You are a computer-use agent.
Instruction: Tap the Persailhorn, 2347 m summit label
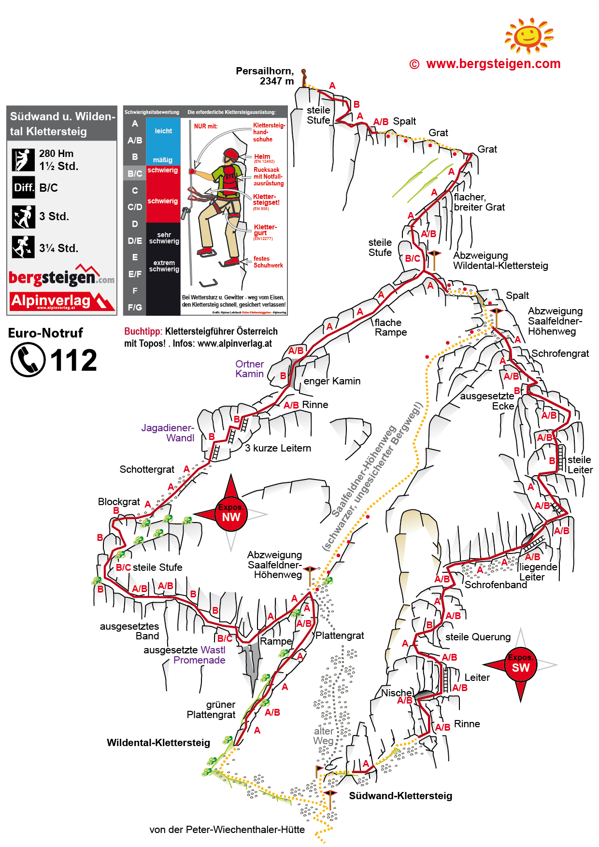pos(265,76)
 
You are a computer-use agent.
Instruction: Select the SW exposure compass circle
pos(521,664)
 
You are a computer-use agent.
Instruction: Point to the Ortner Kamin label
pos(249,369)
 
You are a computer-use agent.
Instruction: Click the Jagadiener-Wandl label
pos(168,433)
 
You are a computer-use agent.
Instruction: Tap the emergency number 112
pos(73,360)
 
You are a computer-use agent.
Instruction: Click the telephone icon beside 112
pos(28,360)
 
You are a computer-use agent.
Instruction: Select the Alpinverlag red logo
pos(62,301)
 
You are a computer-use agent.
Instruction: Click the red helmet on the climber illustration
pos(231,155)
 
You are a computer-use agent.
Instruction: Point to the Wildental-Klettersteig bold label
pos(158,743)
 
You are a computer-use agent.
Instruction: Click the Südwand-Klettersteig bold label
pos(400,796)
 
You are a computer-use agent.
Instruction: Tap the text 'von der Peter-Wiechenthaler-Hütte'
pos(227,830)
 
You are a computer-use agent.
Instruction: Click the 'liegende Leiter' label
pos(538,572)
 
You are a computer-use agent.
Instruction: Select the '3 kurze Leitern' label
pos(278,448)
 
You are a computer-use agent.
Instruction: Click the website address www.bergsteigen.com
pos(493,64)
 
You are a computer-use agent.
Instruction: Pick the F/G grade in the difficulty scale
pos(135,307)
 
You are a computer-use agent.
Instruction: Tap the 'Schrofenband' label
pos(496,585)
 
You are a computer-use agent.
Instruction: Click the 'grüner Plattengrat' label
pos(211,710)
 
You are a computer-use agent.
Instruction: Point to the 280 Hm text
pos(57,154)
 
